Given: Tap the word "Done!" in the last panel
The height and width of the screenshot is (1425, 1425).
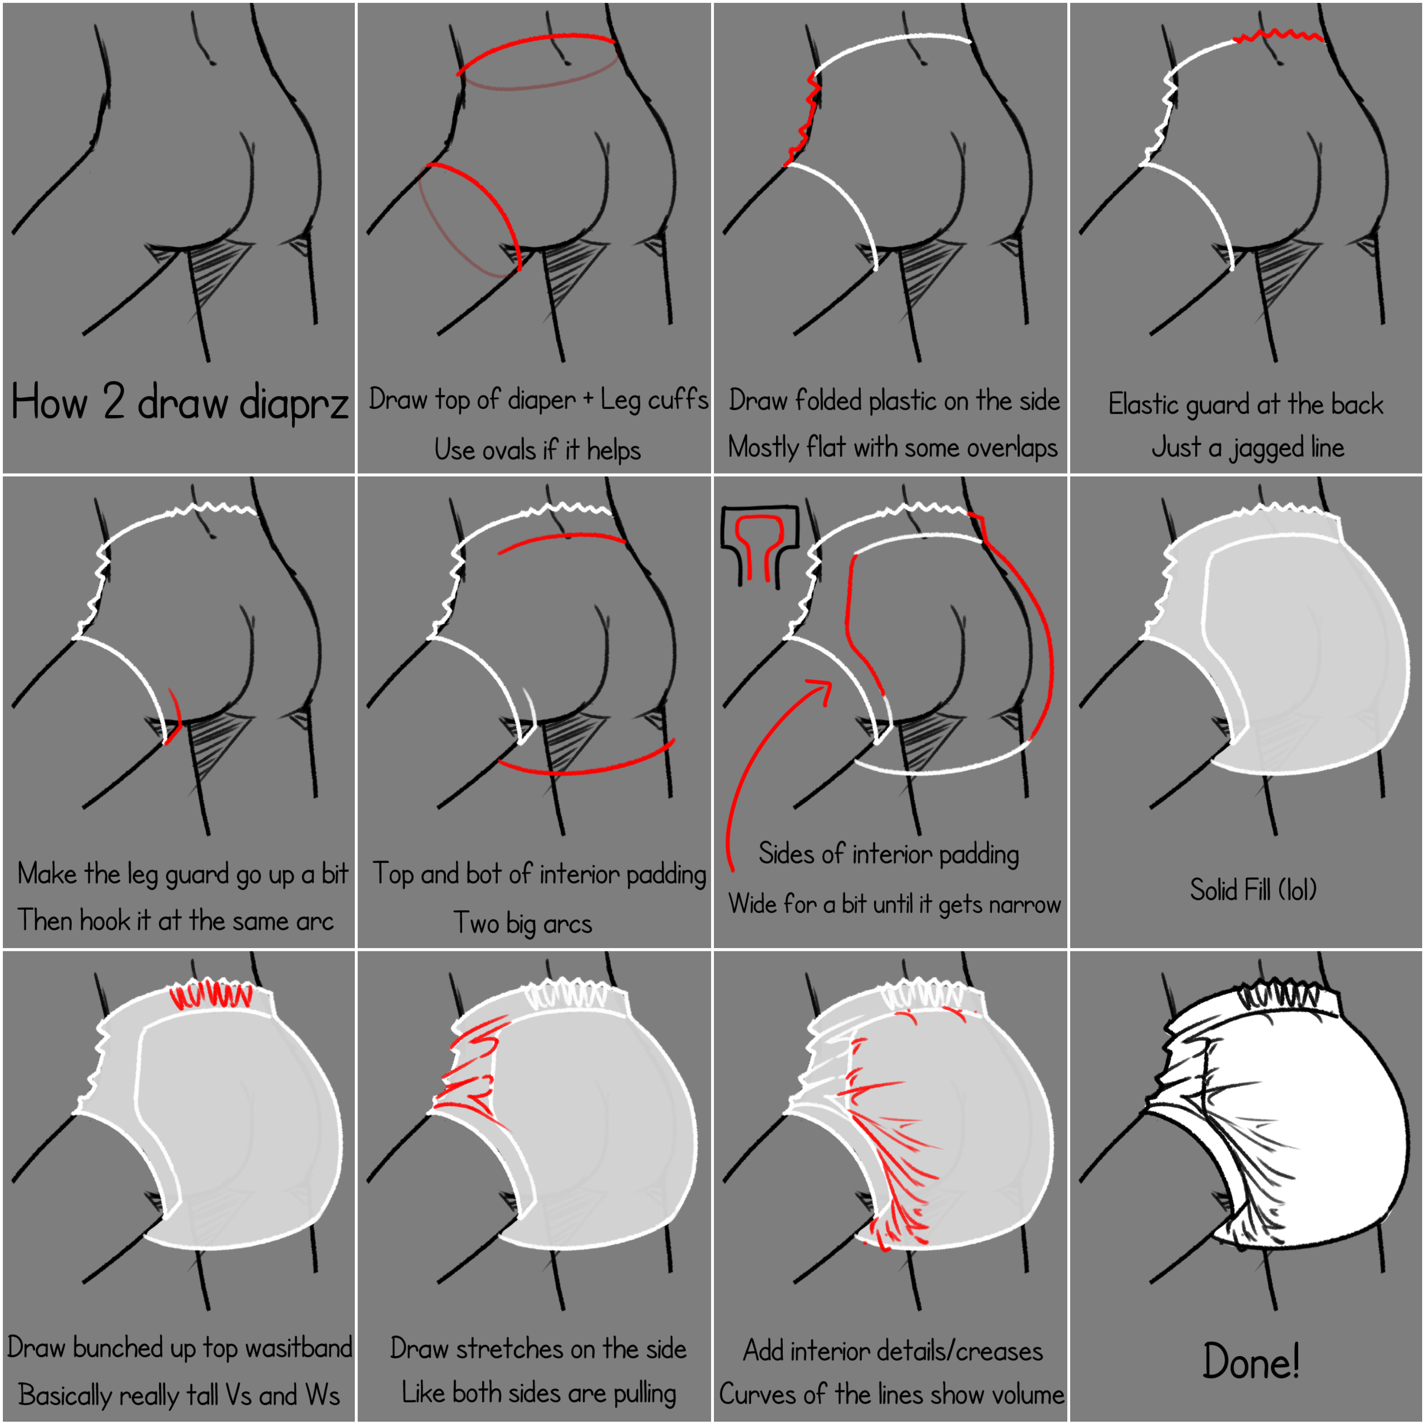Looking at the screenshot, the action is (1251, 1361).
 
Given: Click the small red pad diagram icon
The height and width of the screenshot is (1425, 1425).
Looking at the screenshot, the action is (760, 544).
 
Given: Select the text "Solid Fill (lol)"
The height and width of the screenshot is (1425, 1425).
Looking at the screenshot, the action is (1253, 890).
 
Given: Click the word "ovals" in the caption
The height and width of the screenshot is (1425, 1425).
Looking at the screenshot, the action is (512, 449).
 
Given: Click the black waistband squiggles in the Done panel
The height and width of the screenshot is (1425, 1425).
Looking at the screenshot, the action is (1278, 997).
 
